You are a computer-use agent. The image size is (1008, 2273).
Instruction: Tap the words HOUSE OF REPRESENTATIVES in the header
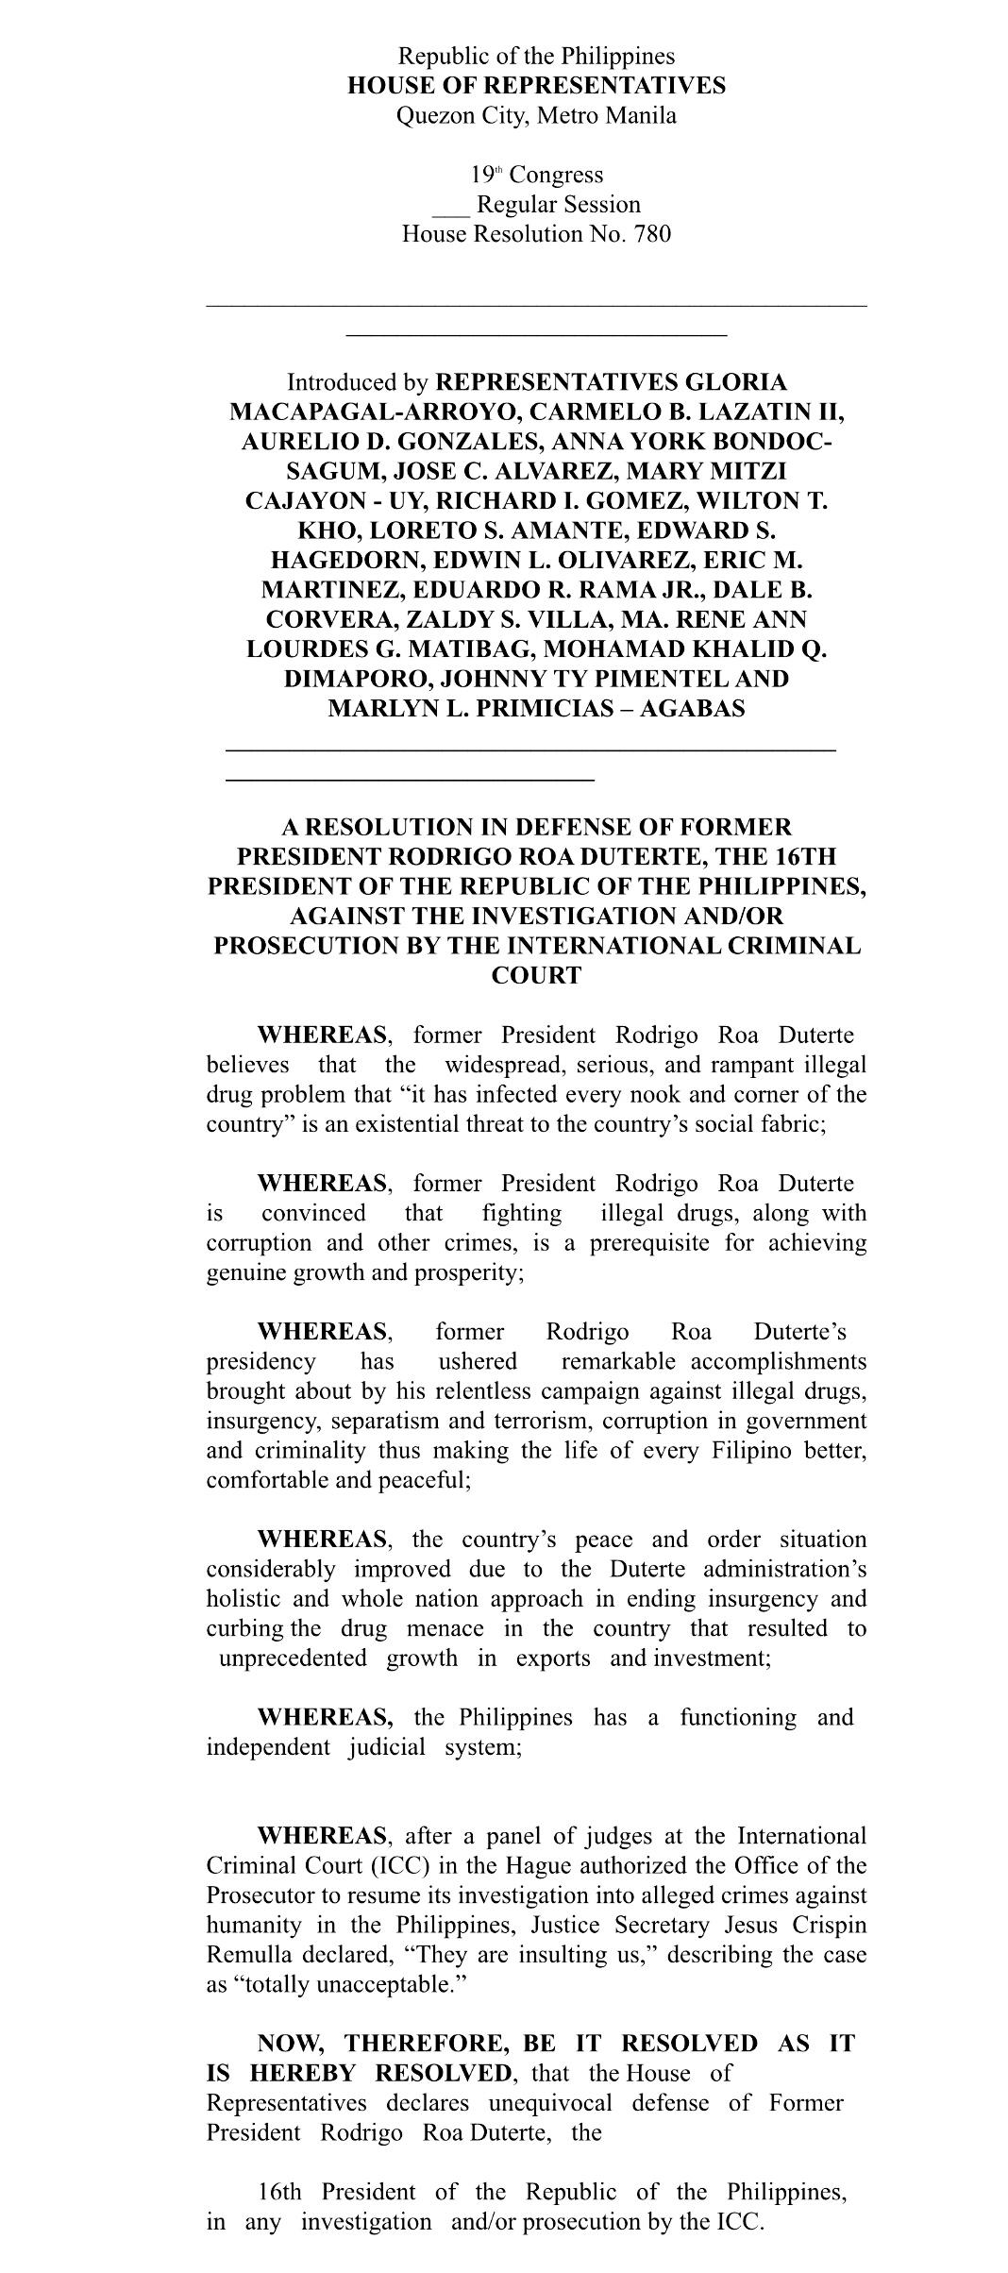pyautogui.click(x=536, y=86)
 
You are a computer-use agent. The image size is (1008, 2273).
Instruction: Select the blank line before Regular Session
pyautogui.click(x=450, y=206)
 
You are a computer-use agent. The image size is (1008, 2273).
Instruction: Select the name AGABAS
pyautogui.click(x=692, y=709)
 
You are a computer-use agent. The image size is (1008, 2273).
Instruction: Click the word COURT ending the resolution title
pyautogui.click(x=536, y=976)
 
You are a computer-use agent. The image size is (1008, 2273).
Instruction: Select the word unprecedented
pyautogui.click(x=293, y=1658)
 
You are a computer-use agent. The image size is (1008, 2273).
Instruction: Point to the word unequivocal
pyautogui.click(x=549, y=2103)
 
